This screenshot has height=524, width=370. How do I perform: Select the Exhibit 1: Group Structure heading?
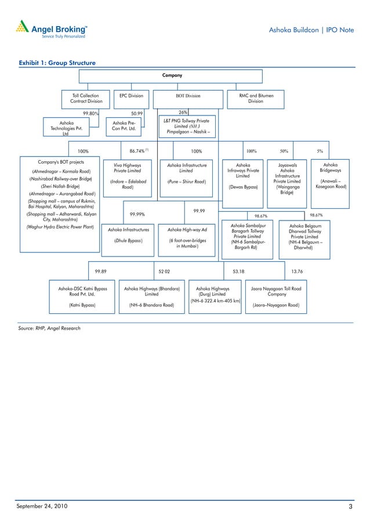57,63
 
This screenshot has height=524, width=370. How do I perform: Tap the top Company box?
172,75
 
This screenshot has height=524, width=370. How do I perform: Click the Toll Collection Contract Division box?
86,98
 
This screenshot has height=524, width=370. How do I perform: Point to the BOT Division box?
188,96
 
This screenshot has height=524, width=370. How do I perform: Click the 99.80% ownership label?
90,114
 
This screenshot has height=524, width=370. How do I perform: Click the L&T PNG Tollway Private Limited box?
187,126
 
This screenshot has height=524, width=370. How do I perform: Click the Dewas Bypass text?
243,187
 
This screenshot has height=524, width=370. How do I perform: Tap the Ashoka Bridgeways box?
331,176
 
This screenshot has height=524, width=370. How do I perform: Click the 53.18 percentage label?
238,270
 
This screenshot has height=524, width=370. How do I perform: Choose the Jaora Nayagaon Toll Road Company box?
275,296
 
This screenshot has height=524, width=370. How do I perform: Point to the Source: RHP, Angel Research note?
49,328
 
